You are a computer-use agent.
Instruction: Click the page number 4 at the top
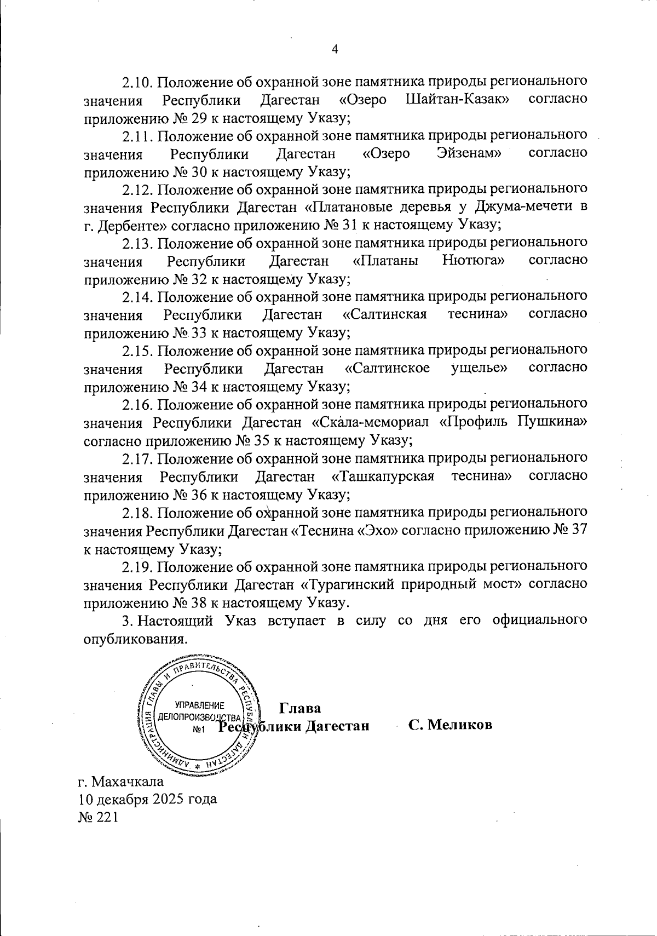pos(335,49)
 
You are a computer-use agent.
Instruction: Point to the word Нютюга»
pos(473,261)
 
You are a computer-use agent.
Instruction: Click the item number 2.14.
pos(139,297)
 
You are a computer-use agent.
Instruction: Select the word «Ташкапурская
pos(383,476)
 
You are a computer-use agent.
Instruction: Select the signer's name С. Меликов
pos(450,725)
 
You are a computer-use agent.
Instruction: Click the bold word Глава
pos(300,707)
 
